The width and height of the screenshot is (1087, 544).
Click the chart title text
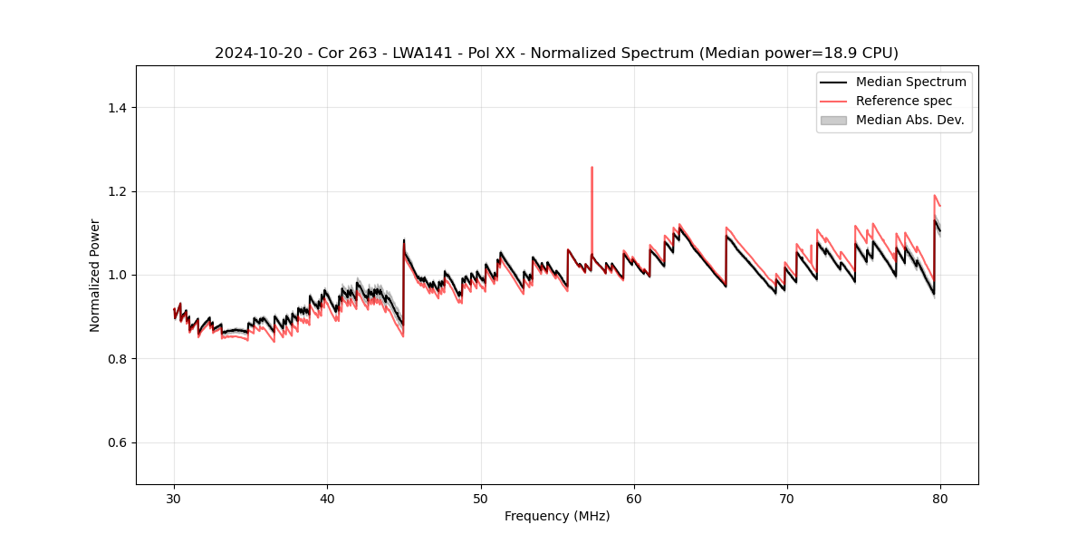pyautogui.click(x=556, y=53)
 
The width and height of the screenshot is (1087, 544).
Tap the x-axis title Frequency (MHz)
pyautogui.click(x=557, y=516)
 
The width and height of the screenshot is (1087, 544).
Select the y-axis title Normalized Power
pyautogui.click(x=95, y=275)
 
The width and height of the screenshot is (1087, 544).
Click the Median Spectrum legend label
pyautogui.click(x=910, y=82)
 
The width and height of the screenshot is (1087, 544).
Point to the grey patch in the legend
pyautogui.click(x=833, y=120)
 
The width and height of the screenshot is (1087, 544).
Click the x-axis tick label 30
pyautogui.click(x=175, y=498)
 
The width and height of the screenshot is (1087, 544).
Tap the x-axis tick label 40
pyautogui.click(x=328, y=498)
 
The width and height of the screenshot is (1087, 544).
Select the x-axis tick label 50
pyautogui.click(x=481, y=498)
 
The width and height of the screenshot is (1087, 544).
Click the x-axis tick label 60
pyautogui.click(x=634, y=498)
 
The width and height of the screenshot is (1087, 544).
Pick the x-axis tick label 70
pyautogui.click(x=787, y=498)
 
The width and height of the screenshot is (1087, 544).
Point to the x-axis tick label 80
pyautogui.click(x=940, y=498)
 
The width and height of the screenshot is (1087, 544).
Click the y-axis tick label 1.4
pyautogui.click(x=118, y=108)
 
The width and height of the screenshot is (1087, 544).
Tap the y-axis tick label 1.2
pyautogui.click(x=118, y=191)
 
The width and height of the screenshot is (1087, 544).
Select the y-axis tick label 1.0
pyautogui.click(x=118, y=275)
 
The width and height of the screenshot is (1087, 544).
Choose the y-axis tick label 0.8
pyautogui.click(x=118, y=359)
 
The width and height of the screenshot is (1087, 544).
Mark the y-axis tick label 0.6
pyautogui.click(x=118, y=442)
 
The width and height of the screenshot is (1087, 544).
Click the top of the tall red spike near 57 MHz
pyautogui.click(x=592, y=168)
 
